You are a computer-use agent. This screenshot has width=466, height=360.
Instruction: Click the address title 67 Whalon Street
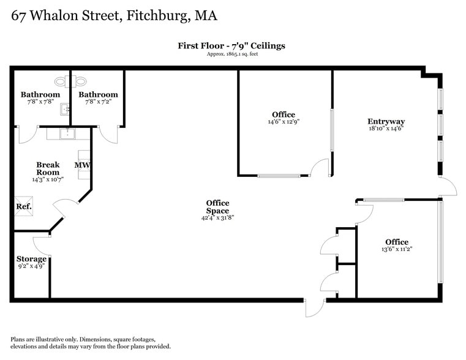click(114, 15)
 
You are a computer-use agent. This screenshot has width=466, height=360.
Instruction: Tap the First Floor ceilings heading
click(231, 45)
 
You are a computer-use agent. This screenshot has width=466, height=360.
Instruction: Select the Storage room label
click(31, 259)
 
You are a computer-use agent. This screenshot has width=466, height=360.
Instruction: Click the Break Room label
click(48, 168)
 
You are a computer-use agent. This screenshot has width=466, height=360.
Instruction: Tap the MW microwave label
click(82, 165)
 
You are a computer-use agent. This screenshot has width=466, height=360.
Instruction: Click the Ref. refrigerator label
click(23, 207)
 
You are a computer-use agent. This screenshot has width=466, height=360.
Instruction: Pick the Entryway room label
click(386, 121)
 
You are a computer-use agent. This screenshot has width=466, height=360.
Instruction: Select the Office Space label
click(217, 207)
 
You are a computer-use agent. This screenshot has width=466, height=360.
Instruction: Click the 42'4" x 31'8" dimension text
click(217, 217)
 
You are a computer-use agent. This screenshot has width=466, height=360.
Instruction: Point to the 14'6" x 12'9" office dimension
click(283, 122)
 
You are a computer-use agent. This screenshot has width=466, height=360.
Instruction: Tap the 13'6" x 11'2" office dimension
click(396, 249)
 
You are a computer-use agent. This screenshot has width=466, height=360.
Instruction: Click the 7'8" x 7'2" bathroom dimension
click(98, 102)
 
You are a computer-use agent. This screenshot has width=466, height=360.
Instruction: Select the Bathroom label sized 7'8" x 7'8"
click(40, 94)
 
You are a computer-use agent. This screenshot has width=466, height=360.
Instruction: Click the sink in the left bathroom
click(64, 110)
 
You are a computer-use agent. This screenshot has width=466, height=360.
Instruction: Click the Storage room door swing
click(41, 245)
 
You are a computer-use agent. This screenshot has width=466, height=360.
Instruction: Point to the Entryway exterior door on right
click(448, 187)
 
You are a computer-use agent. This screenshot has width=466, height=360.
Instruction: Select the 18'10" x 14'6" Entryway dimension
click(386, 129)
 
